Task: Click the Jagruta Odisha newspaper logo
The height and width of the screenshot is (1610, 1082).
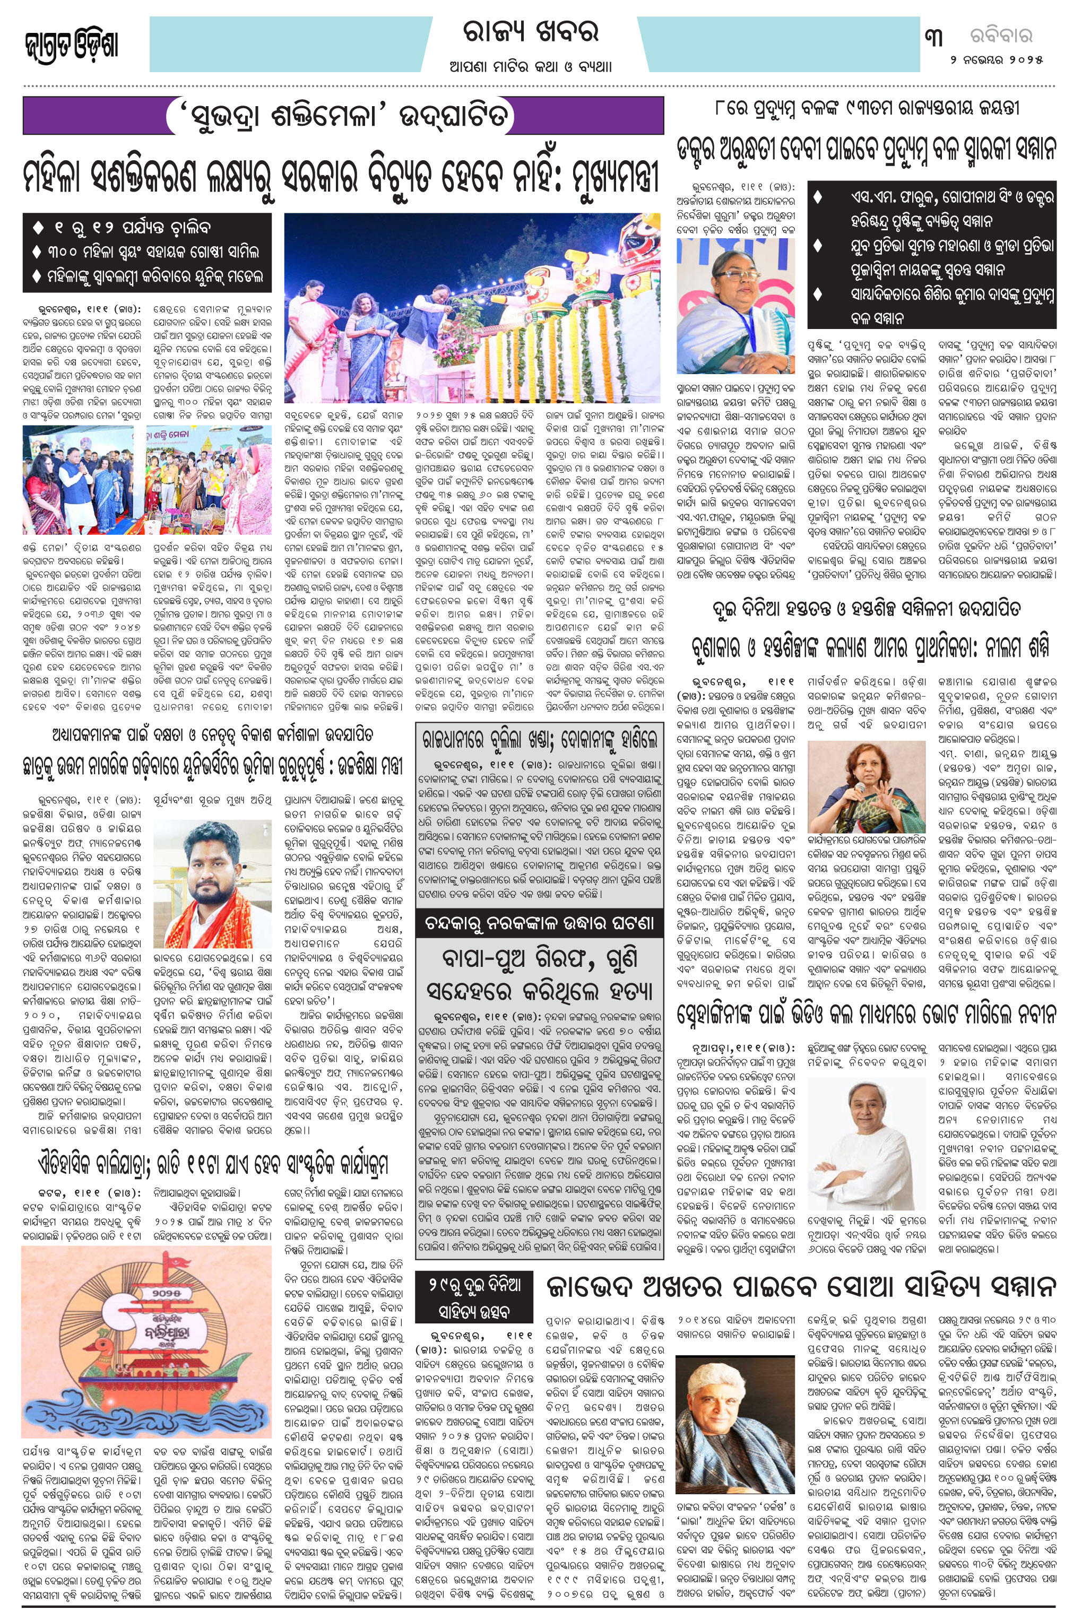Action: point(71,46)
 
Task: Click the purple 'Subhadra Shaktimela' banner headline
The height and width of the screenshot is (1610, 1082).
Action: point(343,116)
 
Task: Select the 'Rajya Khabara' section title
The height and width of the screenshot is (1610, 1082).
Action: point(530,32)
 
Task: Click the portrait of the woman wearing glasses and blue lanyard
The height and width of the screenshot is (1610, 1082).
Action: point(735,305)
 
